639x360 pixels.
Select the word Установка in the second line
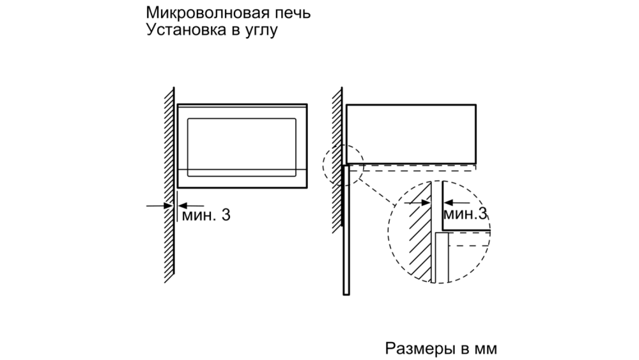[x=187, y=30]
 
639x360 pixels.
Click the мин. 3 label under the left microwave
[x=206, y=215]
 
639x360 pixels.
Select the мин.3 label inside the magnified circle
[x=465, y=214]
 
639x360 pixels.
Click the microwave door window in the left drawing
[x=242, y=148]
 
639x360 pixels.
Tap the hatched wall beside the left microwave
[x=169, y=185]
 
